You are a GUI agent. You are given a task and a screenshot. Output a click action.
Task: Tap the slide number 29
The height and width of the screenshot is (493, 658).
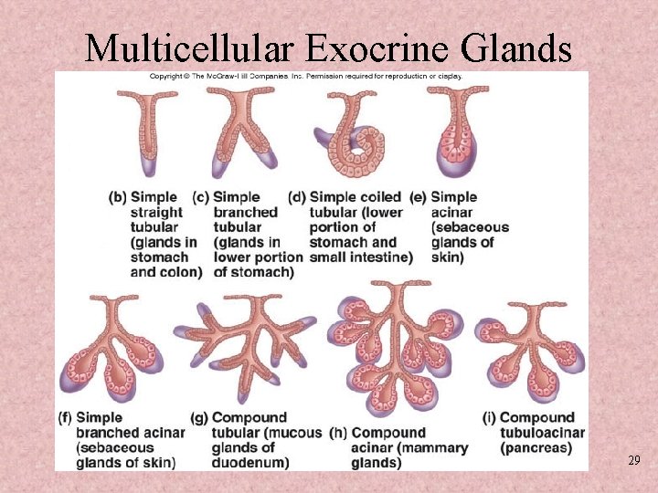point(633,460)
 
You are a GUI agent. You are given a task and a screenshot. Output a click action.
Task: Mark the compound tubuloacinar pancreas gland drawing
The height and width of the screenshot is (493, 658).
point(529,347)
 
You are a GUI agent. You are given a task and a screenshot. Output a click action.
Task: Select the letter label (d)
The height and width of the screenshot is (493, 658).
point(297,197)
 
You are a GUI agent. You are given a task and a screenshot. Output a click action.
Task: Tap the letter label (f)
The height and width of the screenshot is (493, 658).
point(66,418)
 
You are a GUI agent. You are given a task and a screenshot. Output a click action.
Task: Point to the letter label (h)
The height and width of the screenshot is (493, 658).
point(338,433)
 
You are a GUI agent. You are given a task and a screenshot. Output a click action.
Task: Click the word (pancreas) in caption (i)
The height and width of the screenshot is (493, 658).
point(536,448)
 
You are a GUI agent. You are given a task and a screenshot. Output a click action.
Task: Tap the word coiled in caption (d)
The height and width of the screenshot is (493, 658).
point(380,197)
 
